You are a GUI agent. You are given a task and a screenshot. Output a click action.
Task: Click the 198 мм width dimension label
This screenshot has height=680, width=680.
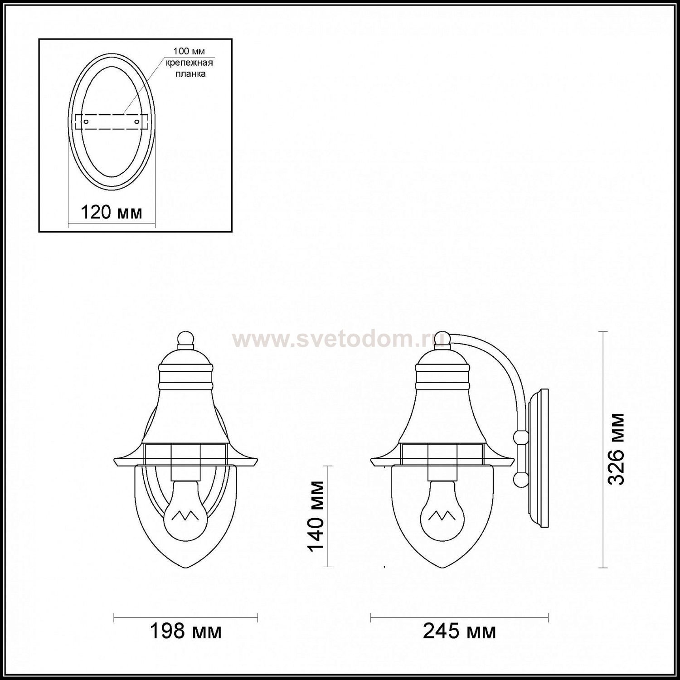pos(185,631)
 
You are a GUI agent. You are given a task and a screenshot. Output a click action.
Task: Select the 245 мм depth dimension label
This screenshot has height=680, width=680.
pos(459,631)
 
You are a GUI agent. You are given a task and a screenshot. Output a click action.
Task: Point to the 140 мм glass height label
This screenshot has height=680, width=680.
pos(316,516)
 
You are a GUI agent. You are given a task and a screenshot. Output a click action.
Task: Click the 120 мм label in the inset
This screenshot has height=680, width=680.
pos(111,212)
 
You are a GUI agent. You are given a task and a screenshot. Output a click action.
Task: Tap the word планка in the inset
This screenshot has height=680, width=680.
pos(190,73)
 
